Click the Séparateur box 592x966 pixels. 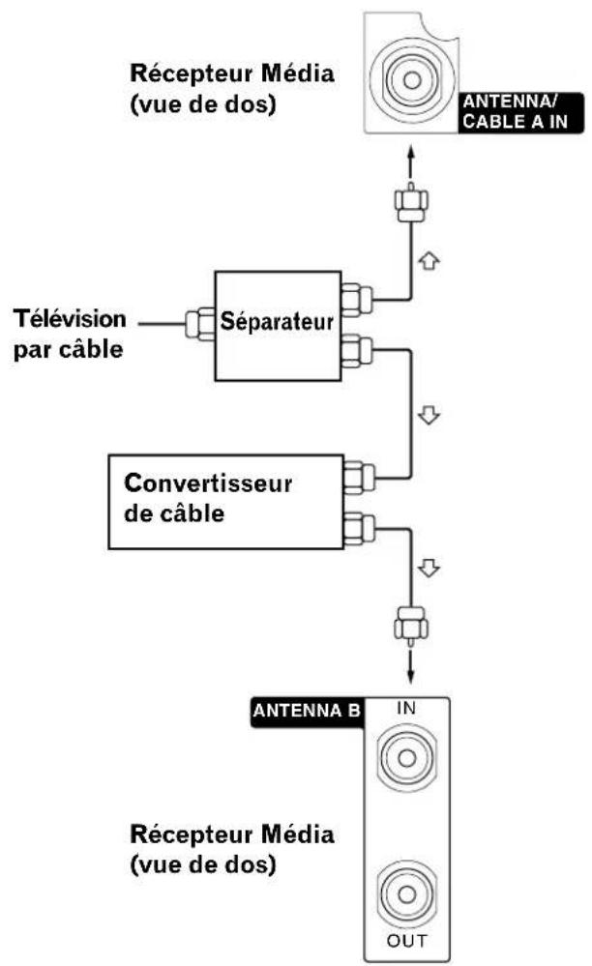276,320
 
